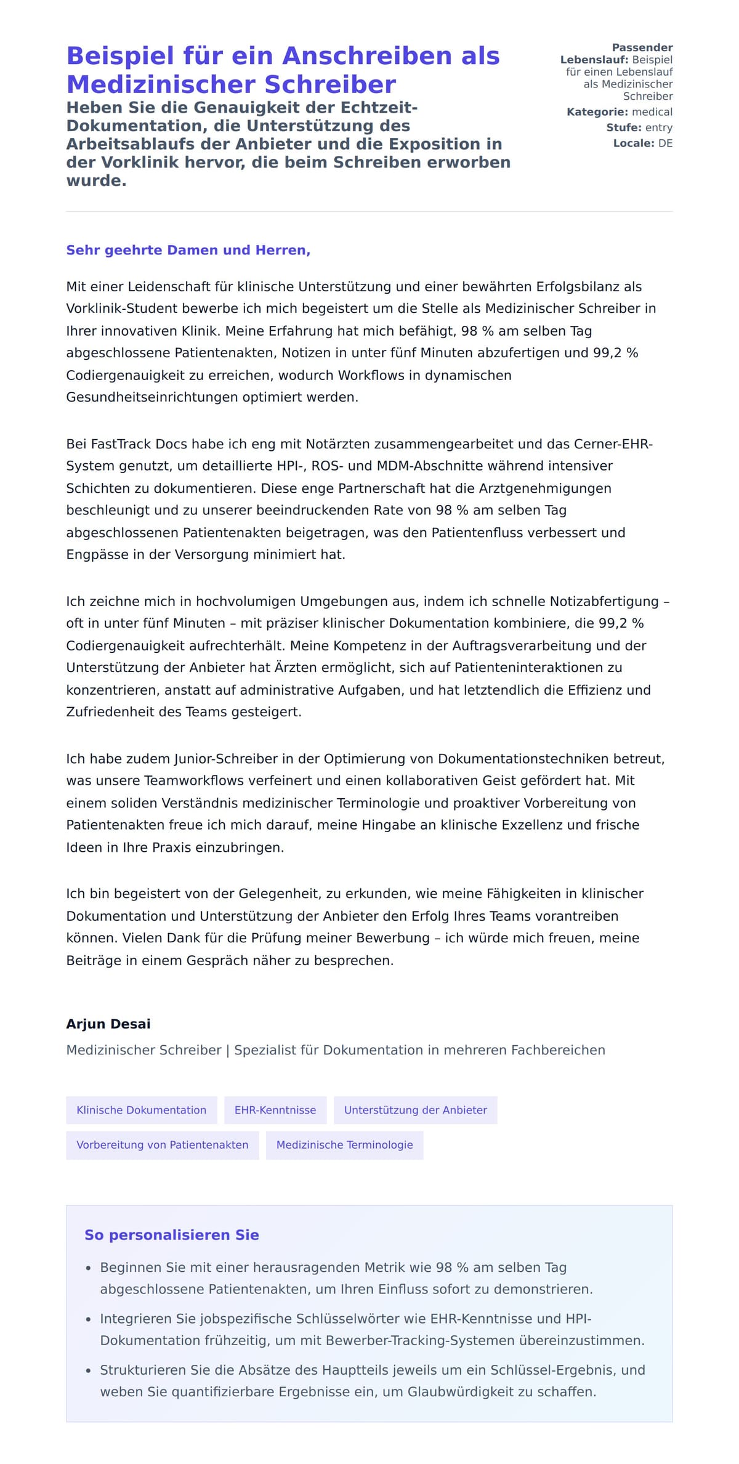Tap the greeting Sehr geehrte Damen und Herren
(x=188, y=250)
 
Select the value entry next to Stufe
(x=658, y=127)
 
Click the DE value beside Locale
(x=665, y=144)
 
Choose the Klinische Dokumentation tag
(x=142, y=1110)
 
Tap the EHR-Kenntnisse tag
(x=275, y=1110)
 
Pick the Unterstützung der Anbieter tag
(x=415, y=1110)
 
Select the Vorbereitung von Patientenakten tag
(x=163, y=1144)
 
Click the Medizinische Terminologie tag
(x=344, y=1144)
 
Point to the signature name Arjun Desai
(x=108, y=1024)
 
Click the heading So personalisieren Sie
(x=172, y=1234)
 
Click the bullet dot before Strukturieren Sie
(x=89, y=1371)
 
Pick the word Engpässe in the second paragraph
(x=94, y=554)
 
